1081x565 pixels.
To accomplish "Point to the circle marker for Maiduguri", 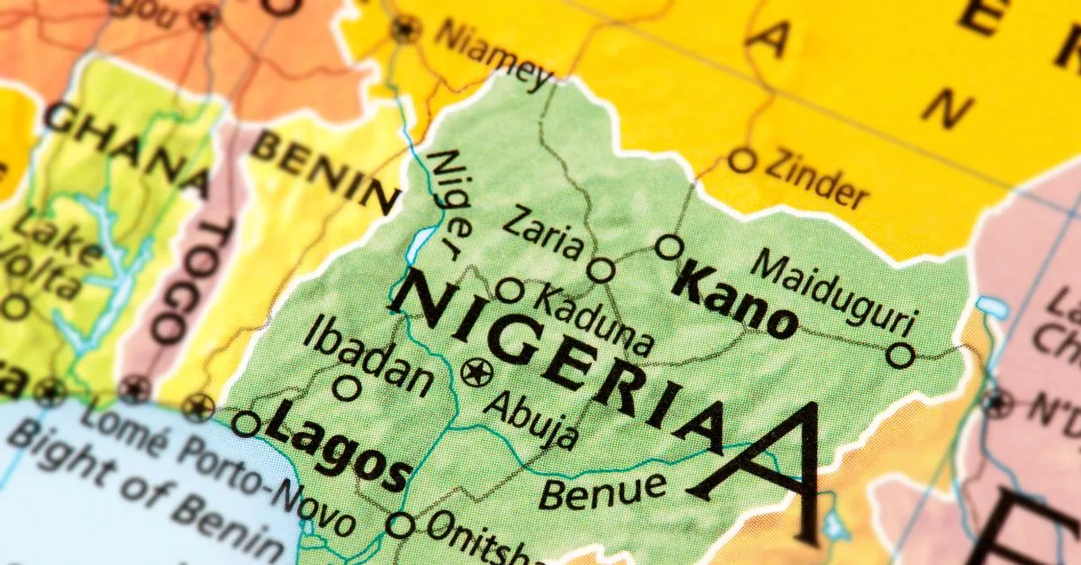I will pyautogui.click(x=900, y=355).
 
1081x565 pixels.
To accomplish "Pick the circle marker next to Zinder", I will pyautogui.click(x=741, y=160).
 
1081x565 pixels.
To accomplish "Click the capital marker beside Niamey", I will pyautogui.click(x=406, y=29).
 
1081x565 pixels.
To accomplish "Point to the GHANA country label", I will pyautogui.click(x=126, y=149).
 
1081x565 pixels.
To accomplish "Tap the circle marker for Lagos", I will pyautogui.click(x=246, y=424).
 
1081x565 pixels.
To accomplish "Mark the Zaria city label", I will pyautogui.click(x=541, y=232).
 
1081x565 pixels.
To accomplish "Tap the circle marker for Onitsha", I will pyautogui.click(x=401, y=524).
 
